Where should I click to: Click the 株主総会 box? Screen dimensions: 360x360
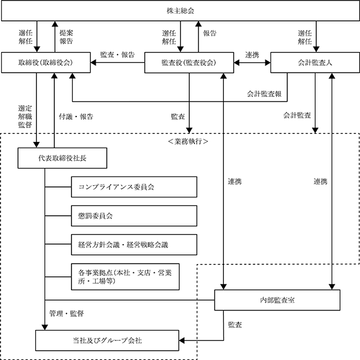(x=181, y=10)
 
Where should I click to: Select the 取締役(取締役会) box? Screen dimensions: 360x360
(x=46, y=62)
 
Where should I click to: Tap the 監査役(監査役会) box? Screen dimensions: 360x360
(x=189, y=63)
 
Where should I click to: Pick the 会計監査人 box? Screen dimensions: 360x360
(x=315, y=62)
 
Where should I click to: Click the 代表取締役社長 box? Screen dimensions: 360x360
(x=62, y=158)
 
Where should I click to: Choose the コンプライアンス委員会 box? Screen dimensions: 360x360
(x=134, y=187)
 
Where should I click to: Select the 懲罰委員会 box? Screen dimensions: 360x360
(x=134, y=216)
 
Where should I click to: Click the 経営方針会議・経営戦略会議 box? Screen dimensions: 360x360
(x=134, y=245)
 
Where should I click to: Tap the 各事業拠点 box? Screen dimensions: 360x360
(x=125, y=277)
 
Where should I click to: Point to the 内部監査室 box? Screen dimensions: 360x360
(x=277, y=300)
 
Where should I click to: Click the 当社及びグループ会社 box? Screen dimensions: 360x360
(x=107, y=340)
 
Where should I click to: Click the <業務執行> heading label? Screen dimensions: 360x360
(x=188, y=141)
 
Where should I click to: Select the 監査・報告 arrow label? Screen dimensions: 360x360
(x=117, y=55)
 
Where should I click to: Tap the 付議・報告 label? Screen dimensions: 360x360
(x=76, y=117)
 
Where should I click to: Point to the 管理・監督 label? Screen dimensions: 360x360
(x=66, y=313)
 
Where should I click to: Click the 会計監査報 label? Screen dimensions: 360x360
(x=264, y=93)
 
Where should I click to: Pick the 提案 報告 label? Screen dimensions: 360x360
(x=66, y=37)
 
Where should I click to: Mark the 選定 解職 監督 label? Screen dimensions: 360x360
(x=25, y=117)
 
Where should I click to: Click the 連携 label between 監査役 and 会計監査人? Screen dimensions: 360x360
(x=252, y=55)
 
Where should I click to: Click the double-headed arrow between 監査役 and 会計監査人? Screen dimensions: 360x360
(x=252, y=62)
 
